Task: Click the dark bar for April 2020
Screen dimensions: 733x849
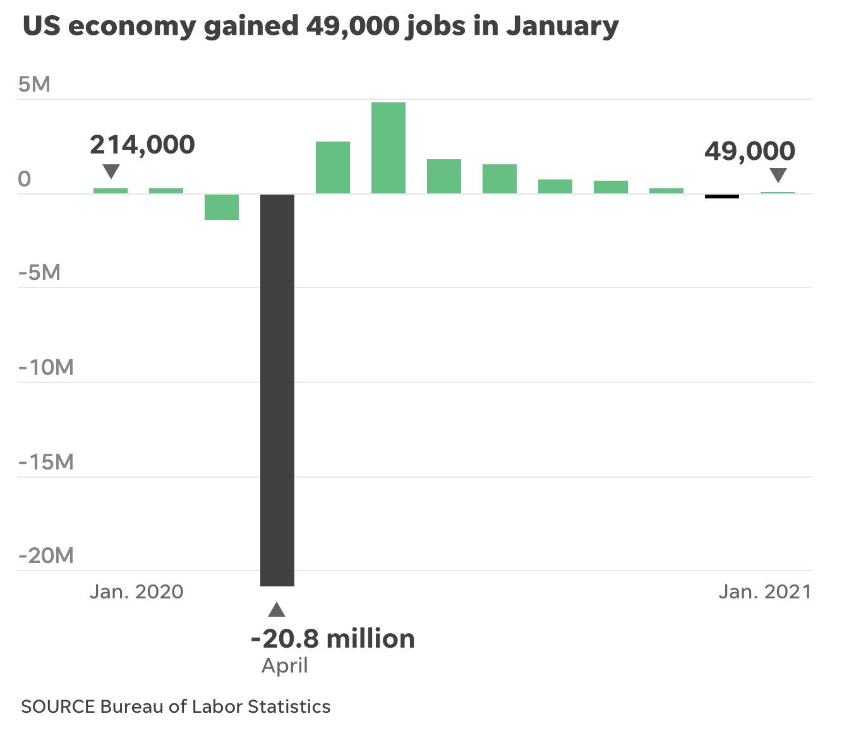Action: click(x=277, y=390)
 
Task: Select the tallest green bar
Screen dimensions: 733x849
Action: click(x=388, y=148)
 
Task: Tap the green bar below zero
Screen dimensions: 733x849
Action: click(x=222, y=207)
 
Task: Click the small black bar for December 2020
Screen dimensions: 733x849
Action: click(x=722, y=196)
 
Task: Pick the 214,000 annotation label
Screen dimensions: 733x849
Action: click(x=142, y=145)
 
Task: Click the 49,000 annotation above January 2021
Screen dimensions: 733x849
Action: click(x=750, y=151)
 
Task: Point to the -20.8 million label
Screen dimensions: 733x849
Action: click(x=333, y=639)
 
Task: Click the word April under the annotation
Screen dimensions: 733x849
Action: click(x=285, y=665)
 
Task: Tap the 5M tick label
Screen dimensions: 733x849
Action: click(x=34, y=84)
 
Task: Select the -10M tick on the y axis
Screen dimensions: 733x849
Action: click(x=46, y=367)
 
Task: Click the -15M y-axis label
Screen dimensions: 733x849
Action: click(x=46, y=462)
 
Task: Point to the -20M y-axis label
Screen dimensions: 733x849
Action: click(x=46, y=556)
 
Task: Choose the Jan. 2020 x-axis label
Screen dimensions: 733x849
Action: click(x=136, y=591)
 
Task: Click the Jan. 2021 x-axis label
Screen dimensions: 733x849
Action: click(x=764, y=591)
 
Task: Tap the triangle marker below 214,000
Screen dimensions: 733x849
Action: click(x=111, y=171)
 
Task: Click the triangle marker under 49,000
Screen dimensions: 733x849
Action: click(x=778, y=175)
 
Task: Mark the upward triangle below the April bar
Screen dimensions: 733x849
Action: click(x=277, y=610)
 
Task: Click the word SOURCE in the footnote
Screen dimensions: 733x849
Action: click(x=58, y=706)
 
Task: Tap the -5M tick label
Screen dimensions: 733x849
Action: click(x=39, y=272)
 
